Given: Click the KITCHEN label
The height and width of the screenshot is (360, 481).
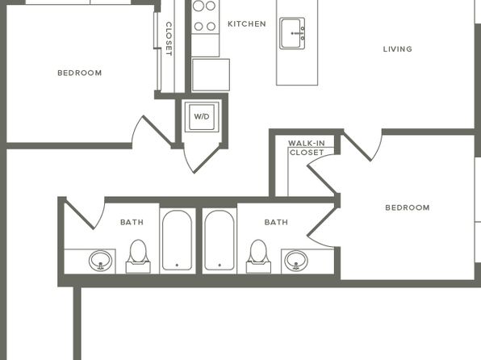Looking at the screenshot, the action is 247,24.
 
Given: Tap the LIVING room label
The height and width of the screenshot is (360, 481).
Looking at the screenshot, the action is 398,49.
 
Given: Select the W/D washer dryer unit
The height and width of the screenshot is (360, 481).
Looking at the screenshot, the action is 202,116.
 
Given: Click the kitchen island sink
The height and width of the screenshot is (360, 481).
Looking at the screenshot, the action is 292,33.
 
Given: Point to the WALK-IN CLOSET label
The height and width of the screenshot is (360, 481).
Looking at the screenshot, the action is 307,148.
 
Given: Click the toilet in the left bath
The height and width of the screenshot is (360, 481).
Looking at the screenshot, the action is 138,257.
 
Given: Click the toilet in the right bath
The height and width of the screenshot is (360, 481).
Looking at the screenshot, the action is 258,257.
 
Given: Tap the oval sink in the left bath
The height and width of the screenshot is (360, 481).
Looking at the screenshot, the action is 100,261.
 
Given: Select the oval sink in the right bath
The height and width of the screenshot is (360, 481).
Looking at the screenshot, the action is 296,261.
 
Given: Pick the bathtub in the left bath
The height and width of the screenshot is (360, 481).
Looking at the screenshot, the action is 178,241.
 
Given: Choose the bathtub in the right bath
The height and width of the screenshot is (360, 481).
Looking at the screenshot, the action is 220,241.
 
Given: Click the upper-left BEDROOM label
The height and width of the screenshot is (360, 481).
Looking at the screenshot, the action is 80,73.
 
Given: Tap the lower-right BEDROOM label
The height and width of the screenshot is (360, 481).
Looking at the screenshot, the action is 408,207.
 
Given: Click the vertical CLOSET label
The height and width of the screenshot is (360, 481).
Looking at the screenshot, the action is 169,39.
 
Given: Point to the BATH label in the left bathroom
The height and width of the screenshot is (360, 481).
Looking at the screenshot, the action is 132,222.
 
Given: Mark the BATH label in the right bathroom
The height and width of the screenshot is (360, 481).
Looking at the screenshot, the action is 276,222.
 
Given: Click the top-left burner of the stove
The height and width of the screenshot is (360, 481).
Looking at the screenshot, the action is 199,6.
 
